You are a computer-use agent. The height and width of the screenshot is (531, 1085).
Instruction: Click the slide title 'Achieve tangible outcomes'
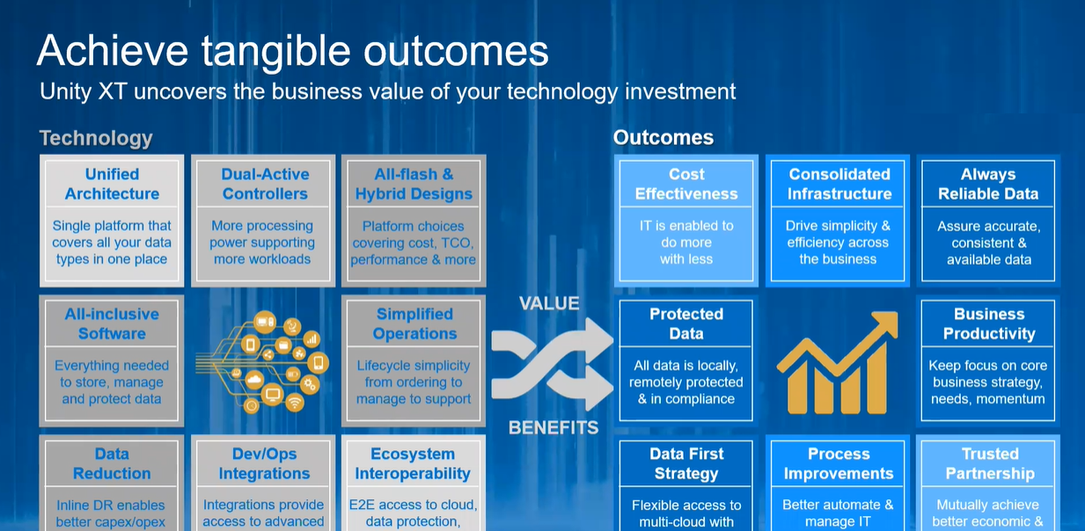click(x=292, y=52)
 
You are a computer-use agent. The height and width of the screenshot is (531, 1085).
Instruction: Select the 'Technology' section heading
click(x=96, y=138)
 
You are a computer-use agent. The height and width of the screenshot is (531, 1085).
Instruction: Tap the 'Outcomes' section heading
click(x=663, y=137)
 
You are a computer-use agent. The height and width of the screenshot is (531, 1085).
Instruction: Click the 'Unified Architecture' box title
click(x=112, y=184)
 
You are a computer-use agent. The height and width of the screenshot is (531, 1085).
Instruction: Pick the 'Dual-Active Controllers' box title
click(x=265, y=184)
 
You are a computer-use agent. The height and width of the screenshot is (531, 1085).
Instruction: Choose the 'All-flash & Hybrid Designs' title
click(x=414, y=184)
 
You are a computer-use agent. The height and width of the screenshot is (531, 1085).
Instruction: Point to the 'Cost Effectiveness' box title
click(x=686, y=184)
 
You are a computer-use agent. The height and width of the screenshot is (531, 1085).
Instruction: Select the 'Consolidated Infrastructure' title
click(x=839, y=184)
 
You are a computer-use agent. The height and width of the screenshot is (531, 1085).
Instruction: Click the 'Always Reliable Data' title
click(x=988, y=184)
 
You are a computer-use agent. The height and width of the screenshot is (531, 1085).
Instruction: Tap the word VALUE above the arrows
click(x=549, y=303)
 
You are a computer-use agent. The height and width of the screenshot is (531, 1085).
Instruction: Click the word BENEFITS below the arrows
click(x=553, y=428)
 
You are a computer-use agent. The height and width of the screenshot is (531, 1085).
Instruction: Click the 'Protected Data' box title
click(x=686, y=324)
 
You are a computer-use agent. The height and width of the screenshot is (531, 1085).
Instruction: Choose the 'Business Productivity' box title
click(x=989, y=324)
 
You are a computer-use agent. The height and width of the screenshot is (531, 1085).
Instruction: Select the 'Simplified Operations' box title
click(x=414, y=324)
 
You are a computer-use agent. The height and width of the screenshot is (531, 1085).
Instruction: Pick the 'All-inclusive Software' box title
click(x=112, y=324)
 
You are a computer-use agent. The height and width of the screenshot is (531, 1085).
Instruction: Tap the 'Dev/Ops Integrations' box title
click(x=265, y=463)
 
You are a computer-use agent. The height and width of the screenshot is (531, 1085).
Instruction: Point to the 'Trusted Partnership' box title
click(x=990, y=463)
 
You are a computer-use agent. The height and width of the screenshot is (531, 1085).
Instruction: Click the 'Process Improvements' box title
click(x=839, y=463)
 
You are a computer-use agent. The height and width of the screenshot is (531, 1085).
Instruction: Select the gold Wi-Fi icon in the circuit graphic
click(x=295, y=403)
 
